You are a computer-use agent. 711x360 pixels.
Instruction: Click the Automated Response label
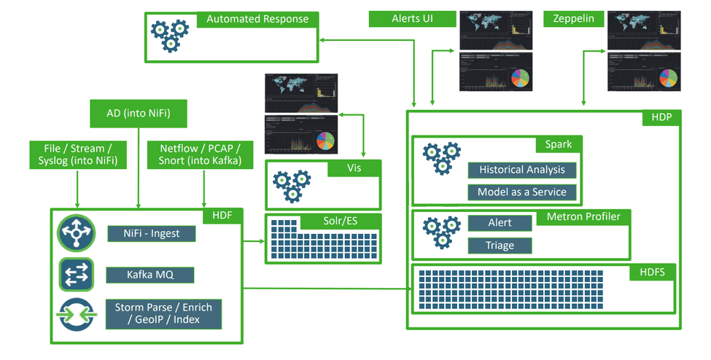(x=257, y=19)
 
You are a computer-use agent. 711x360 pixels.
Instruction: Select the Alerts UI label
(x=412, y=19)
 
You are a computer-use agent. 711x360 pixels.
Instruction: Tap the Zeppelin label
(x=573, y=19)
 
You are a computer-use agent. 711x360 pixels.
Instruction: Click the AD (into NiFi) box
(x=138, y=114)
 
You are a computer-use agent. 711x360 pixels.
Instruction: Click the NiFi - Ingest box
(x=152, y=233)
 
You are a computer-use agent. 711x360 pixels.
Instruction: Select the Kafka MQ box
(x=150, y=275)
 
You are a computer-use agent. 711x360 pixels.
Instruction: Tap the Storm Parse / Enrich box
(x=163, y=314)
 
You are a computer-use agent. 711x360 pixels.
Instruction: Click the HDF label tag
(x=222, y=215)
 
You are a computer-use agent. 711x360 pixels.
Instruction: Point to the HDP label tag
(x=661, y=117)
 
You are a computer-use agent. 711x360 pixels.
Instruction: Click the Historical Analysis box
(x=521, y=170)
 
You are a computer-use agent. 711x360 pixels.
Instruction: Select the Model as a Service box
(x=521, y=192)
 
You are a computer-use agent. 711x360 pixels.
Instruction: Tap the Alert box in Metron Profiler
(x=500, y=223)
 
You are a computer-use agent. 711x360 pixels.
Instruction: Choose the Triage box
(x=500, y=246)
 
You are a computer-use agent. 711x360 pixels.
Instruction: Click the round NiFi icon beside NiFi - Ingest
(x=76, y=232)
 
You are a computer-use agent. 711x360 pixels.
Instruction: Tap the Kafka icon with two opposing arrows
(x=76, y=274)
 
